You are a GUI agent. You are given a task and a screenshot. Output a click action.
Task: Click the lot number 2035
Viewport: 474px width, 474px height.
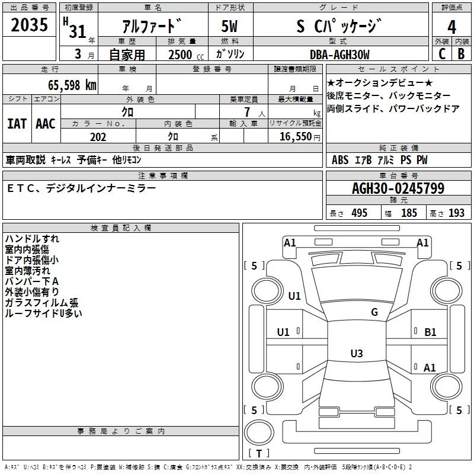30,26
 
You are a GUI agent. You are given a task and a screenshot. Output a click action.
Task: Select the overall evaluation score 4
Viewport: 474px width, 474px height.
452,27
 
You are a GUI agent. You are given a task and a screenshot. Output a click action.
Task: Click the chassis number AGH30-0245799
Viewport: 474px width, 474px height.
398,189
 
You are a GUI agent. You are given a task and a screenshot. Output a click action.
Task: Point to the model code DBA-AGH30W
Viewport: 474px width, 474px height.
339,55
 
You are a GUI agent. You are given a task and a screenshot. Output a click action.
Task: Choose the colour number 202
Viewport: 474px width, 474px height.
98,137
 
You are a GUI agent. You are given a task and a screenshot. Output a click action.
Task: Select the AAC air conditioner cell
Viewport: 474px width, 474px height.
46,123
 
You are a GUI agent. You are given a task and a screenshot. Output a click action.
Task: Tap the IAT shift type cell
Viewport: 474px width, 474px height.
17,123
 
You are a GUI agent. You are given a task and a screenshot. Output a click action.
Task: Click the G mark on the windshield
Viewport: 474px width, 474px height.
374,312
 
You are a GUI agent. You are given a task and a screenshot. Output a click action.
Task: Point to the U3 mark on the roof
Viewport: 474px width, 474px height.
356,354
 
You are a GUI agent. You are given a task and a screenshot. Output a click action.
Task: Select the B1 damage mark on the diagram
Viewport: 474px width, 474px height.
430,332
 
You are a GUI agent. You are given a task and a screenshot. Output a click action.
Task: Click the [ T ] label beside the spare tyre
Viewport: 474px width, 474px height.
258,454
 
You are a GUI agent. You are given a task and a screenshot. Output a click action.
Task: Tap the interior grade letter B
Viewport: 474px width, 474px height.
461,55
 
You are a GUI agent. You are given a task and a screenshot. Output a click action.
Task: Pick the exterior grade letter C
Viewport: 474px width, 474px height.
441,55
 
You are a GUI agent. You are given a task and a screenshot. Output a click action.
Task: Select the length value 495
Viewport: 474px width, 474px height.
358,213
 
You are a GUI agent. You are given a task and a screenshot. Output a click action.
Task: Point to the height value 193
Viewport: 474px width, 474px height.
457,213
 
